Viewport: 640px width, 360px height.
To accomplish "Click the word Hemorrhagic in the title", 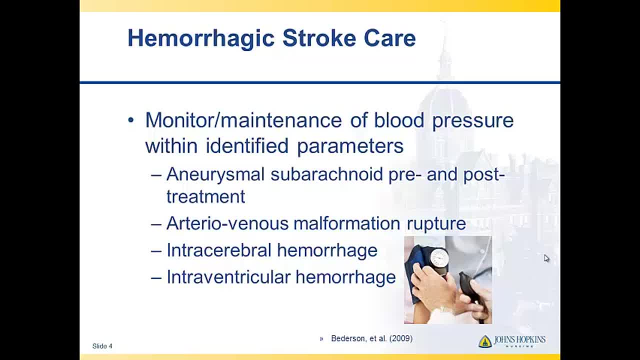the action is click(201, 39).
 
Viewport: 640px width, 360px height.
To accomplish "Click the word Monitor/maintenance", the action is click(243, 120).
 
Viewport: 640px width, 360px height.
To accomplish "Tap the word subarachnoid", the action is click(326, 174).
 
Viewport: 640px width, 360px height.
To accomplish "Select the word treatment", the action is click(205, 197).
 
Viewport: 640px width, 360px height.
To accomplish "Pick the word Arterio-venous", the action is click(227, 223).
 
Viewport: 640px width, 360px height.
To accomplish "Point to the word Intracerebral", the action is click(219, 250).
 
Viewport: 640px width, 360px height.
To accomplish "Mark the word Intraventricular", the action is click(228, 277).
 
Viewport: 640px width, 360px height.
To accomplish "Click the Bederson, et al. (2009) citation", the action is click(371, 338).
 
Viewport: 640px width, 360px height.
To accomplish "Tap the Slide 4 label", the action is click(102, 346).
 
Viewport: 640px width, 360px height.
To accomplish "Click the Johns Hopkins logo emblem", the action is click(485, 341).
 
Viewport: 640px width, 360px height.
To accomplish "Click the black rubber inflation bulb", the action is click(471, 290).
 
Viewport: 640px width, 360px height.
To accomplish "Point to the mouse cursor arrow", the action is click(546, 258).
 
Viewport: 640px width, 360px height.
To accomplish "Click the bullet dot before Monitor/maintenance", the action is click(131, 120).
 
